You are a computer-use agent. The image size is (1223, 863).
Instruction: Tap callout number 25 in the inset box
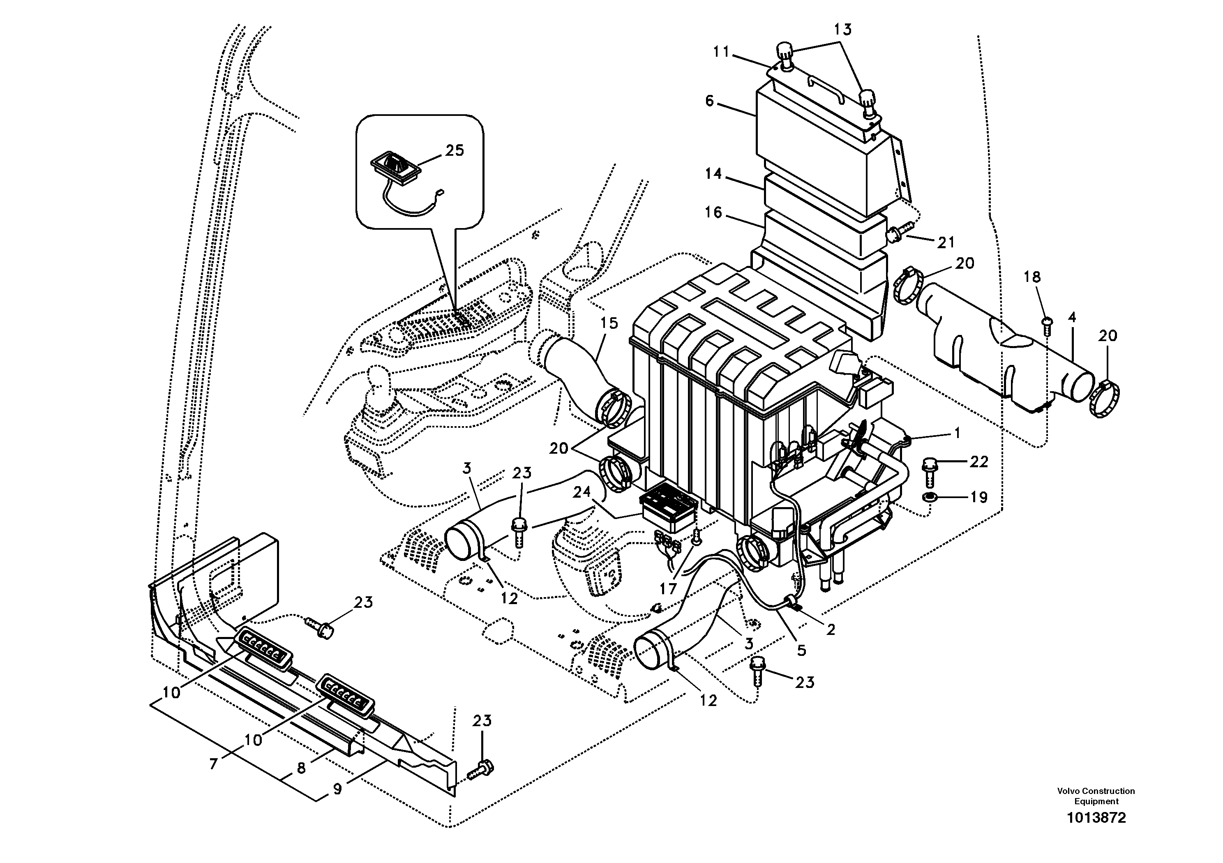[455, 151]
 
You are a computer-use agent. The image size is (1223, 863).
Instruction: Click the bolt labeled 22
[928, 471]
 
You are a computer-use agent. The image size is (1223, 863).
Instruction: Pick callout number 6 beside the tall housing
[709, 101]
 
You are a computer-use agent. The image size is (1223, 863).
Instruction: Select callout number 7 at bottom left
[214, 764]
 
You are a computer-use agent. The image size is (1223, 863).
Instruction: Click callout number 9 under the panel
[337, 789]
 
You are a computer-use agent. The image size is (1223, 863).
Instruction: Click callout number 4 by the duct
[1072, 318]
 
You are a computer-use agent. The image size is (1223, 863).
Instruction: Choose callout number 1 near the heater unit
[957, 434]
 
